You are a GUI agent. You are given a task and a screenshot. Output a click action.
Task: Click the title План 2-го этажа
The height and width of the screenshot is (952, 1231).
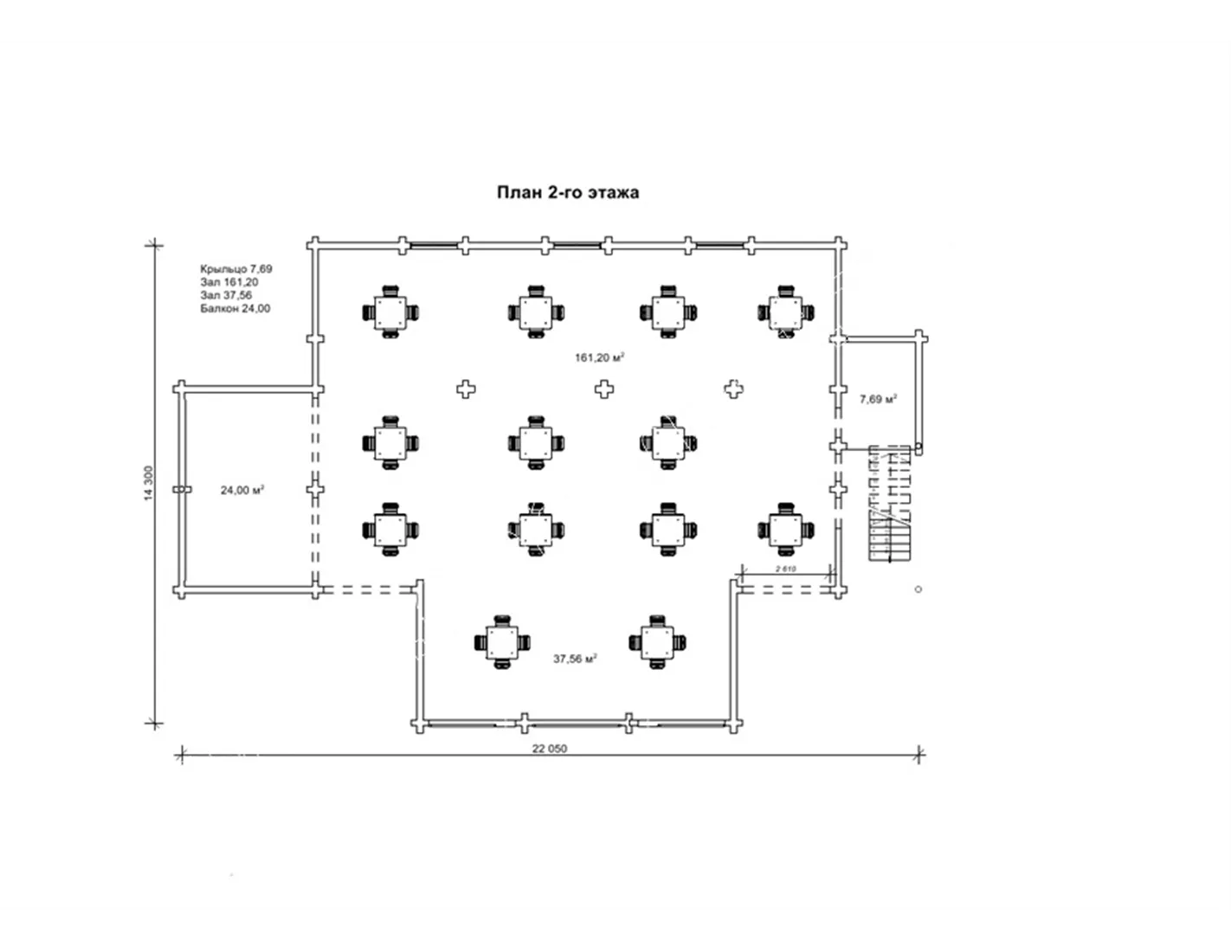[568, 192]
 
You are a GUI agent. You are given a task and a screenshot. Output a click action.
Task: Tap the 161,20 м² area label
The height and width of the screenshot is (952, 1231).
[599, 357]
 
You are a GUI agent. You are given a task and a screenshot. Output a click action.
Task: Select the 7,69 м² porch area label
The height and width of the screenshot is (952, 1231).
[878, 399]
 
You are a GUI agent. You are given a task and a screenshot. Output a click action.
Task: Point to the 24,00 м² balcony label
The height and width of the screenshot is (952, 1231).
[242, 490]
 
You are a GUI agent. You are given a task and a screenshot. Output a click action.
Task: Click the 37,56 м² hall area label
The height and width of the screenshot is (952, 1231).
[575, 659]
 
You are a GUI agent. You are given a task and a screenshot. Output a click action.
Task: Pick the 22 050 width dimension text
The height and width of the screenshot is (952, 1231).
[550, 748]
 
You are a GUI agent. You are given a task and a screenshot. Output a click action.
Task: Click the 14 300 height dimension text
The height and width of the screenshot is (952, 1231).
[148, 483]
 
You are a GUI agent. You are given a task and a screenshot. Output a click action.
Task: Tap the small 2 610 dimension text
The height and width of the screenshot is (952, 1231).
[786, 568]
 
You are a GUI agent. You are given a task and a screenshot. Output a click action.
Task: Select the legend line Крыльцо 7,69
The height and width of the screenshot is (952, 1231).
[236, 268]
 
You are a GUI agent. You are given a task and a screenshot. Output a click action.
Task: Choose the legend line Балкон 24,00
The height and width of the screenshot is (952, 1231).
[235, 309]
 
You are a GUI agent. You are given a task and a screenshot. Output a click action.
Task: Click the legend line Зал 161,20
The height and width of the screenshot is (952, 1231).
[229, 282]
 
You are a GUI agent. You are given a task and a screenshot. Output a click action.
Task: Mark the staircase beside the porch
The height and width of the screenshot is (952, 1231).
[891, 503]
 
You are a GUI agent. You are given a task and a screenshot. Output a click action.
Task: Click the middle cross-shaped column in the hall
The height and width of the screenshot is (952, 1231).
[604, 389]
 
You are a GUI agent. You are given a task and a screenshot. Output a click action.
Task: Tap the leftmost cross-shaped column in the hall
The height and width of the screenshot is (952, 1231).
[466, 389]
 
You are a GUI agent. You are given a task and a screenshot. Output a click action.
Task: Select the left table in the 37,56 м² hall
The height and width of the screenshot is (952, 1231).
[501, 642]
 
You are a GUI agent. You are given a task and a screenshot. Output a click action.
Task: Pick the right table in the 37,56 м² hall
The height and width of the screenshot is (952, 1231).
[657, 642]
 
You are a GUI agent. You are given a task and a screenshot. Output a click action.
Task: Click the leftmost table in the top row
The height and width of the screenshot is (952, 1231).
[390, 312]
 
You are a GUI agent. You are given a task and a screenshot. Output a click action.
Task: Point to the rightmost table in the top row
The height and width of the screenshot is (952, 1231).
[786, 312]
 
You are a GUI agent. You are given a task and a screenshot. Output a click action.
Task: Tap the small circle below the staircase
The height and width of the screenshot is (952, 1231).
[918, 589]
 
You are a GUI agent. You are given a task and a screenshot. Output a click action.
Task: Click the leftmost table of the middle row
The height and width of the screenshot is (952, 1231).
[390, 443]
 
